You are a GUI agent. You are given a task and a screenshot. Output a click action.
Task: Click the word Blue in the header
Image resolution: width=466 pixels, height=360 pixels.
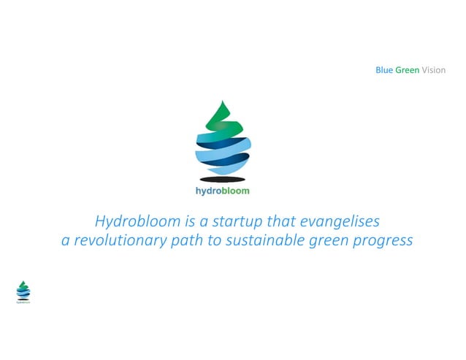tap(384, 70)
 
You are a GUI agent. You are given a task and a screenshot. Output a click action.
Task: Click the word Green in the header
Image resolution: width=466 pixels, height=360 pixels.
tap(407, 70)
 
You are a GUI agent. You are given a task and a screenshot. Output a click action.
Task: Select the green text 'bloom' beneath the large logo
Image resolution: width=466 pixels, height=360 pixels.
tap(235, 191)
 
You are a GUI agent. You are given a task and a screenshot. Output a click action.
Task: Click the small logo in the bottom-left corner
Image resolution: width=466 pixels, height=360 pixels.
tap(23, 290)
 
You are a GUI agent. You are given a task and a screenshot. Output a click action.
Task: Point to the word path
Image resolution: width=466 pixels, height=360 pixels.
tap(188, 240)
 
